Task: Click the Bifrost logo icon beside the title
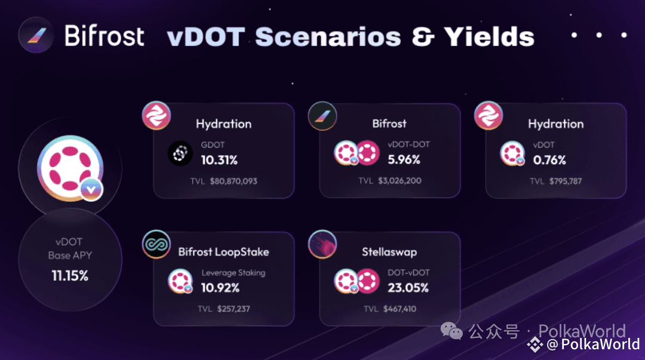pyautogui.click(x=36, y=35)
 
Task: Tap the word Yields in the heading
pyautogui.click(x=489, y=37)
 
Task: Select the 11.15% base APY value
pyautogui.click(x=70, y=276)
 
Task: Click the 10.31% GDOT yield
pyautogui.click(x=219, y=160)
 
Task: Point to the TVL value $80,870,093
pyautogui.click(x=234, y=181)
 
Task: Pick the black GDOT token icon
pyautogui.click(x=180, y=153)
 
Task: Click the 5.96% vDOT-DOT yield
pyautogui.click(x=404, y=159)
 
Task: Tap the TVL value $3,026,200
pyautogui.click(x=400, y=181)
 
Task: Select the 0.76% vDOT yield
pyautogui.click(x=549, y=160)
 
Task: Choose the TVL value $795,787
pyautogui.click(x=566, y=181)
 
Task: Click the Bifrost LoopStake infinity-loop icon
pyautogui.click(x=156, y=244)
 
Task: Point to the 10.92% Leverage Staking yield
pyautogui.click(x=220, y=288)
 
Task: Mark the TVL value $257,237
pyautogui.click(x=234, y=309)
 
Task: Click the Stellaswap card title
pyautogui.click(x=389, y=252)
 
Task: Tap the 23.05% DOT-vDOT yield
pyautogui.click(x=408, y=288)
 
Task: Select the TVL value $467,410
pyautogui.click(x=400, y=309)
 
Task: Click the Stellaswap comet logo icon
pyautogui.click(x=322, y=244)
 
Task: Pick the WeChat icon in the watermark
pyautogui.click(x=451, y=331)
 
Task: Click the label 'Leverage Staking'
pyautogui.click(x=234, y=273)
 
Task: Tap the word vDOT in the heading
pyautogui.click(x=206, y=37)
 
